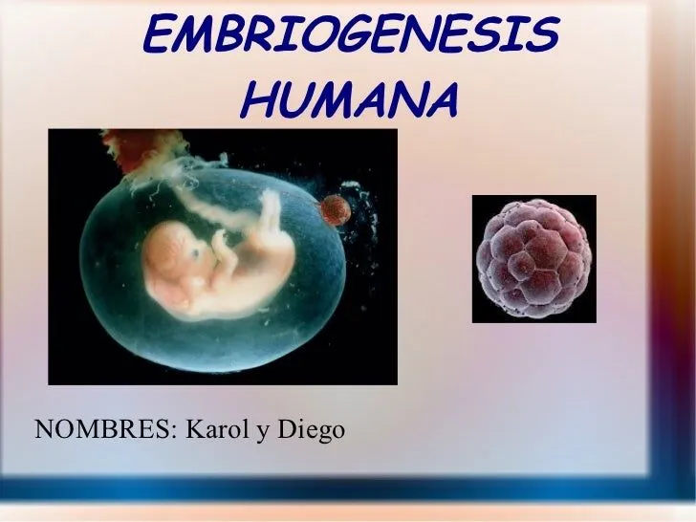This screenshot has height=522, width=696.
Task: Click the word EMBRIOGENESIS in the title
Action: [349, 37]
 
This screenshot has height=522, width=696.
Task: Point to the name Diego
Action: [311, 431]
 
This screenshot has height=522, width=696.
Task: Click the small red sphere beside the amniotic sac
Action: [334, 209]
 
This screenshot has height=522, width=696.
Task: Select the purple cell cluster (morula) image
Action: [533, 258]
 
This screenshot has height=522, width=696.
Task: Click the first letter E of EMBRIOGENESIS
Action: [159, 37]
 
